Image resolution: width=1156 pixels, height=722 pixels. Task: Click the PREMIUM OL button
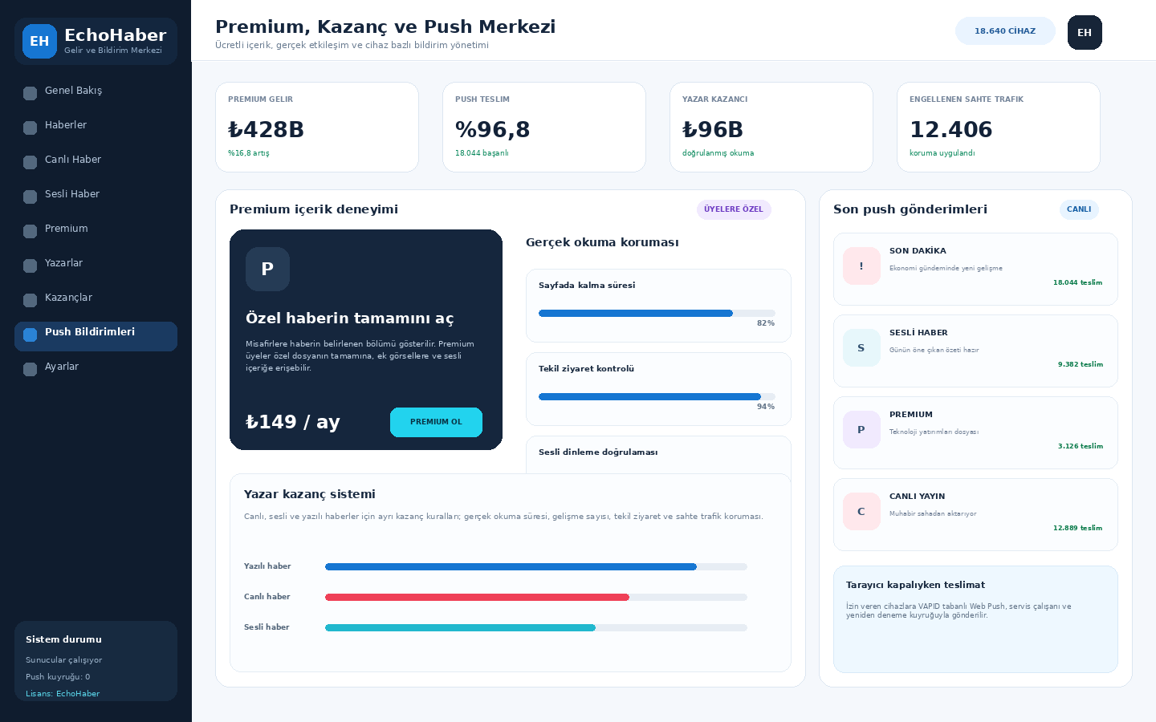(436, 422)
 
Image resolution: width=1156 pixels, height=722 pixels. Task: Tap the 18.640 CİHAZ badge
(1005, 31)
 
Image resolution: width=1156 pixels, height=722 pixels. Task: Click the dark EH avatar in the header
(1085, 32)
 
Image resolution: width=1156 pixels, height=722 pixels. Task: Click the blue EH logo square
(40, 41)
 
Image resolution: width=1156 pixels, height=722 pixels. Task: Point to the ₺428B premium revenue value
(266, 129)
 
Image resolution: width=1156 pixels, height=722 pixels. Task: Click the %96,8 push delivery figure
(492, 129)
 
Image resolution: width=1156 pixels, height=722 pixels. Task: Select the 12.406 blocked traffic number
(950, 129)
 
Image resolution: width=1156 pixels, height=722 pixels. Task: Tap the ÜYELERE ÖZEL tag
(734, 209)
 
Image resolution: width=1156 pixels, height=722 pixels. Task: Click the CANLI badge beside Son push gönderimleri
(1079, 209)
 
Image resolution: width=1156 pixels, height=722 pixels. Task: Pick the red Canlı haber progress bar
(477, 597)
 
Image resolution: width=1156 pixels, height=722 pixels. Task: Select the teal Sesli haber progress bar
(460, 627)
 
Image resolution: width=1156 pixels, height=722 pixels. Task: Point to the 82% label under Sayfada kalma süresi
(765, 323)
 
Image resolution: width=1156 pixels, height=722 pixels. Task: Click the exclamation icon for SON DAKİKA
(861, 266)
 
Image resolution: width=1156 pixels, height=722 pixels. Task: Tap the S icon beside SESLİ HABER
(861, 348)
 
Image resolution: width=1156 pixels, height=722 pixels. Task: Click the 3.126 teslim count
(1081, 446)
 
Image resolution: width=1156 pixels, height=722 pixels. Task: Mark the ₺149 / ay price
(292, 422)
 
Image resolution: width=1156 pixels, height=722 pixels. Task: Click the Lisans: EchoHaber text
(63, 694)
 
